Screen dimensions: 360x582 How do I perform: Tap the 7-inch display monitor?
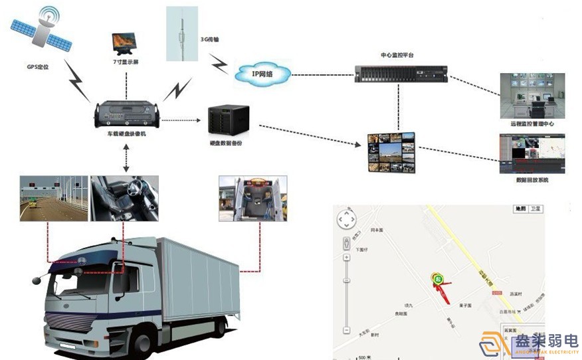(126, 44)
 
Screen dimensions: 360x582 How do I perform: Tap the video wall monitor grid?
(392, 152)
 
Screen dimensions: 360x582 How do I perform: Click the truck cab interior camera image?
(124, 197)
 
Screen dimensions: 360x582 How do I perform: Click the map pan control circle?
(346, 220)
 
